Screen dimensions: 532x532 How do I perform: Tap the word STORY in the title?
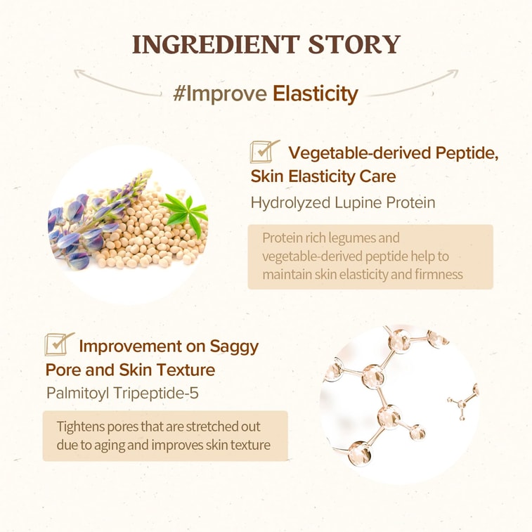pos(356,44)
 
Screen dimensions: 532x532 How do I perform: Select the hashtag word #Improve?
pos(219,93)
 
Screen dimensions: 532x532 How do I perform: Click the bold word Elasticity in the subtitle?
pos(316,93)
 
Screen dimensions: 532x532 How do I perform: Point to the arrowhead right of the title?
pos(455,72)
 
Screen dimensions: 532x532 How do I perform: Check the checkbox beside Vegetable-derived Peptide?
pos(264,150)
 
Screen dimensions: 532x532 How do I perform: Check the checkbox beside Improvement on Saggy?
pos(58,344)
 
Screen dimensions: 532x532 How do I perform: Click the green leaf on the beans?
pos(184,209)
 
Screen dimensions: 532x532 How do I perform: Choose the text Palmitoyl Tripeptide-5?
pos(122,392)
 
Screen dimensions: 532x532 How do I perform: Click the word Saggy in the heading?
pos(234,346)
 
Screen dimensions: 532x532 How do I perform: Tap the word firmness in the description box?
pos(439,274)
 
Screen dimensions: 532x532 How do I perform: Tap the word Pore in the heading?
pos(62,370)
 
